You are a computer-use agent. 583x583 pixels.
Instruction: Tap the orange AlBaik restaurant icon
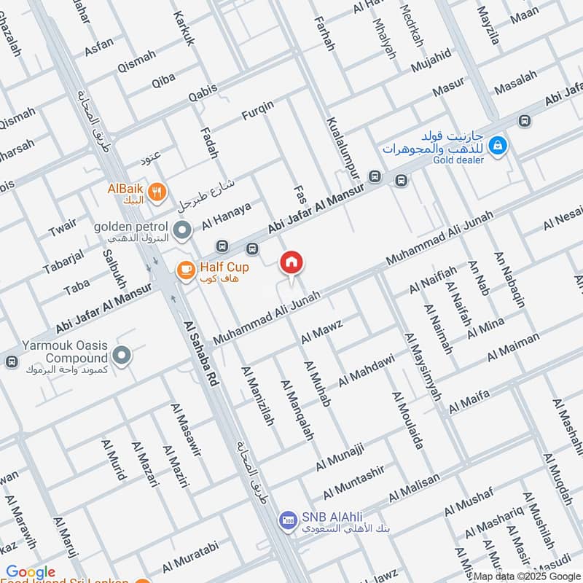156,192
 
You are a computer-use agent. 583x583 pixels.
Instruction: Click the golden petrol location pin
182,230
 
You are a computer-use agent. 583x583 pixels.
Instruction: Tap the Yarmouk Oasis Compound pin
122,356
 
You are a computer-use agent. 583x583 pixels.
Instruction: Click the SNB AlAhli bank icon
287,520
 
